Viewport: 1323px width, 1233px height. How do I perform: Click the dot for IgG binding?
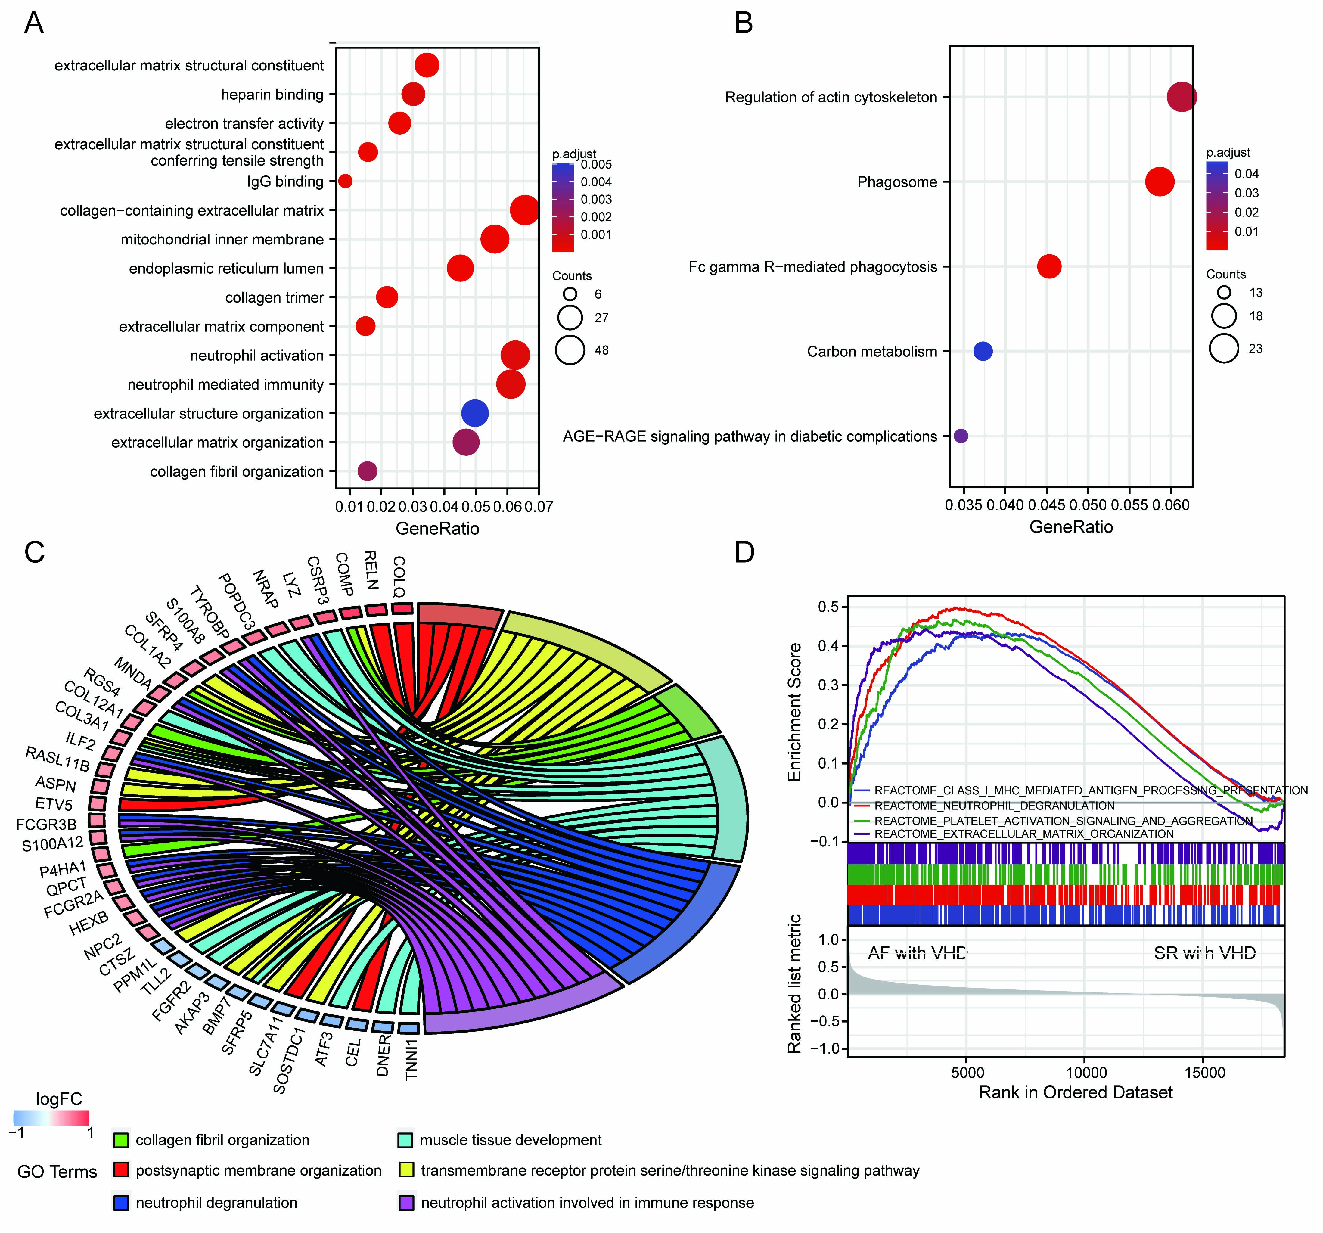tap(345, 181)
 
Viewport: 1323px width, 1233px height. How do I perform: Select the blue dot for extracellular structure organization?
tap(474, 413)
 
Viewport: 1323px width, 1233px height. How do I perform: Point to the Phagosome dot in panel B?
tap(1160, 182)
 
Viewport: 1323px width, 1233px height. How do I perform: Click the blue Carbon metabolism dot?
tap(983, 351)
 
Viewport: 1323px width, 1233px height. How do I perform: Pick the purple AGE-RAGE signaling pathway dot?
tap(960, 436)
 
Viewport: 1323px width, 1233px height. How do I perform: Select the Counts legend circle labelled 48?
tap(570, 350)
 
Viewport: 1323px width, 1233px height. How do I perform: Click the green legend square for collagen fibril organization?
tap(121, 1140)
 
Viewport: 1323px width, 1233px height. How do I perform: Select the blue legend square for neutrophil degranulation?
tap(121, 1202)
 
